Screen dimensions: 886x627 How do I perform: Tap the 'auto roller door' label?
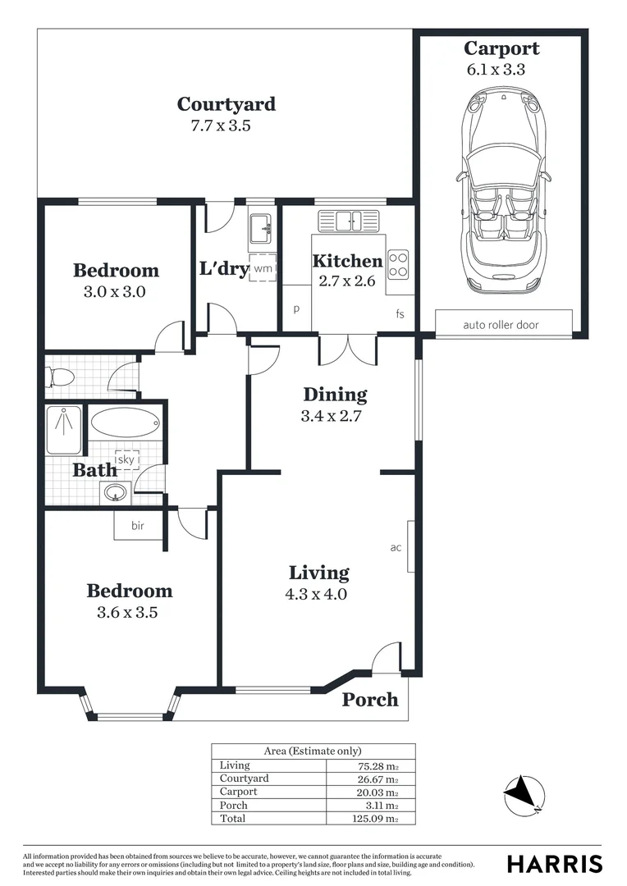coord(501,325)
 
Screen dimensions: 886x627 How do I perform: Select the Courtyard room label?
coord(227,104)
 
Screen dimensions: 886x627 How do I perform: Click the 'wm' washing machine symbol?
coord(263,268)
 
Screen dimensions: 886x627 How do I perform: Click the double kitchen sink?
coord(349,221)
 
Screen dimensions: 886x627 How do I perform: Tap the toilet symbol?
coord(60,377)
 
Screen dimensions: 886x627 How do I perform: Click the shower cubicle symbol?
coord(63,430)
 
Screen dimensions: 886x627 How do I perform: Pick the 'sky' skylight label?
coord(126,459)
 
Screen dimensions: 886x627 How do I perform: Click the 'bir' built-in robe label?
coord(137,526)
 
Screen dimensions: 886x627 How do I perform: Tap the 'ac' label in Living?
coord(396,547)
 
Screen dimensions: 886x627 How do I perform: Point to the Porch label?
coord(370,700)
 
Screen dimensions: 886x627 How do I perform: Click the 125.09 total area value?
coord(379,819)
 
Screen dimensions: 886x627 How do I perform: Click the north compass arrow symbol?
coord(523,793)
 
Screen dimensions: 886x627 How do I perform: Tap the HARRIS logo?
coord(555,864)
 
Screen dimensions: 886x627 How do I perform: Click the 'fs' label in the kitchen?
coord(400,314)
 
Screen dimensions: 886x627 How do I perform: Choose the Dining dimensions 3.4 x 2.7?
coord(332,416)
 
